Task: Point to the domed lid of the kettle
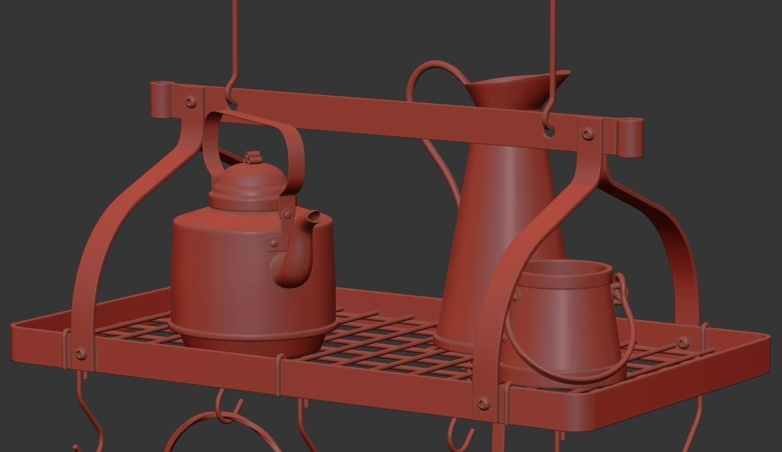point(249,181)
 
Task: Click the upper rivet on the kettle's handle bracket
point(287,214)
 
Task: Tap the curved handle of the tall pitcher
point(424,80)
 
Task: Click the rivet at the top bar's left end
point(191,102)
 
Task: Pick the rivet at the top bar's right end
point(588,133)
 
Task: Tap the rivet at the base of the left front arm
point(80,354)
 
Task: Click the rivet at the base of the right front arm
point(484,403)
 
